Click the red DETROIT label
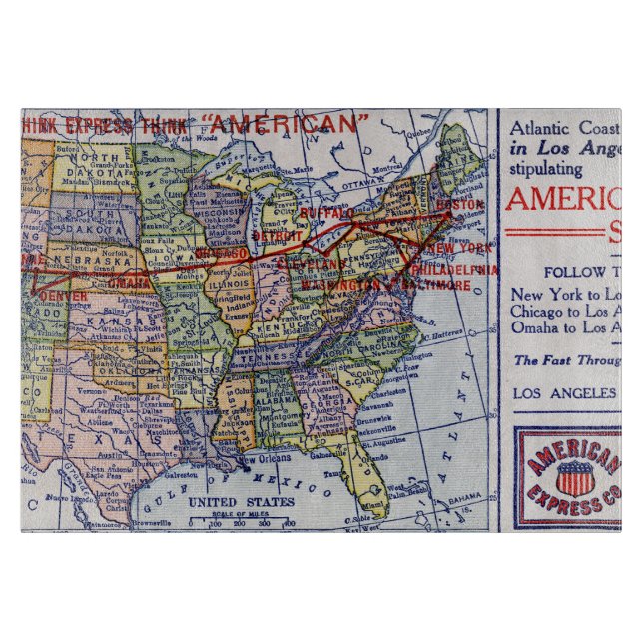pyautogui.click(x=277, y=235)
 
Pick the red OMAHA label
pyautogui.click(x=132, y=282)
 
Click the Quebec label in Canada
pyautogui.click(x=418, y=129)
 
